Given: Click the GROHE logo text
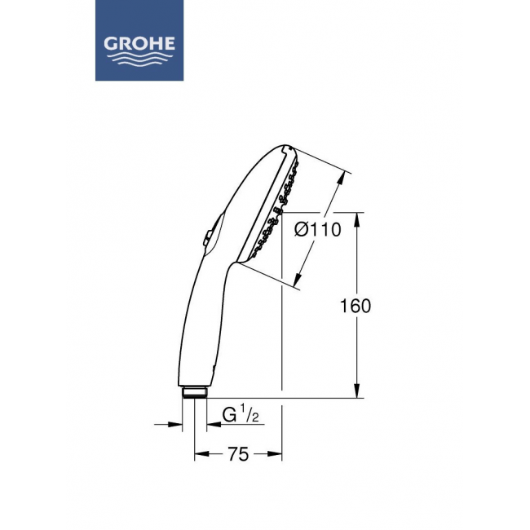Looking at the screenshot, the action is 139,44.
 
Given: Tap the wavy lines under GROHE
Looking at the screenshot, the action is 139,60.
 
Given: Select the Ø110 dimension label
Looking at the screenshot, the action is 317,230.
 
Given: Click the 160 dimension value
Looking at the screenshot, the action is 356,306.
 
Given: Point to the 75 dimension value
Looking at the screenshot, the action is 238,454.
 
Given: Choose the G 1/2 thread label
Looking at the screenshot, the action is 241,415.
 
